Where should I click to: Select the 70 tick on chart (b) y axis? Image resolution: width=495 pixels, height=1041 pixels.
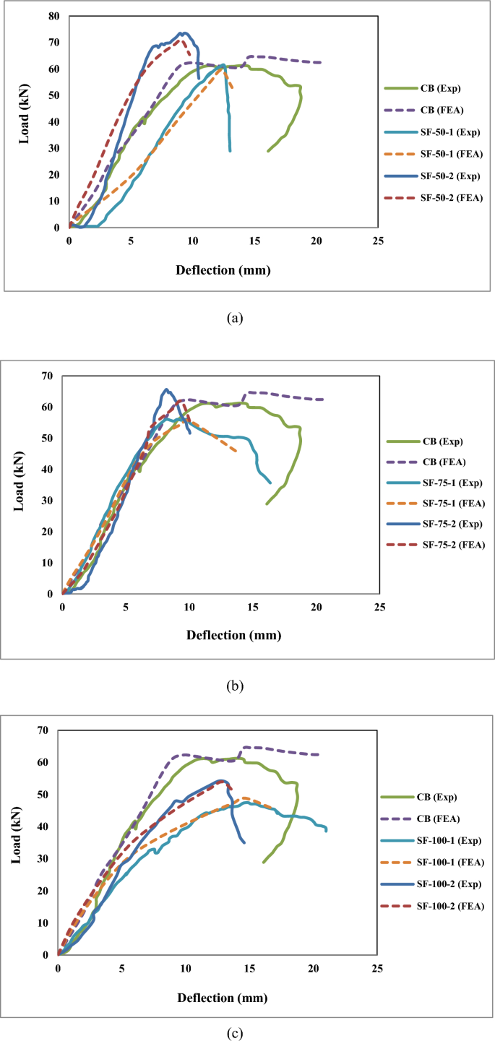coord(48,376)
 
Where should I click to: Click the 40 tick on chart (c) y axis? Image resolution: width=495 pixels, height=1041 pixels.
coord(45,826)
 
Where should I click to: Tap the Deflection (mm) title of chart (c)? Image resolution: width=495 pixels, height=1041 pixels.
coord(222,998)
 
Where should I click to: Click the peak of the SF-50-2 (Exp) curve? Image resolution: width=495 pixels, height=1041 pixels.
coord(184,33)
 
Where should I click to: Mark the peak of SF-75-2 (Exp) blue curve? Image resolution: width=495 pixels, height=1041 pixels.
coord(166,389)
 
